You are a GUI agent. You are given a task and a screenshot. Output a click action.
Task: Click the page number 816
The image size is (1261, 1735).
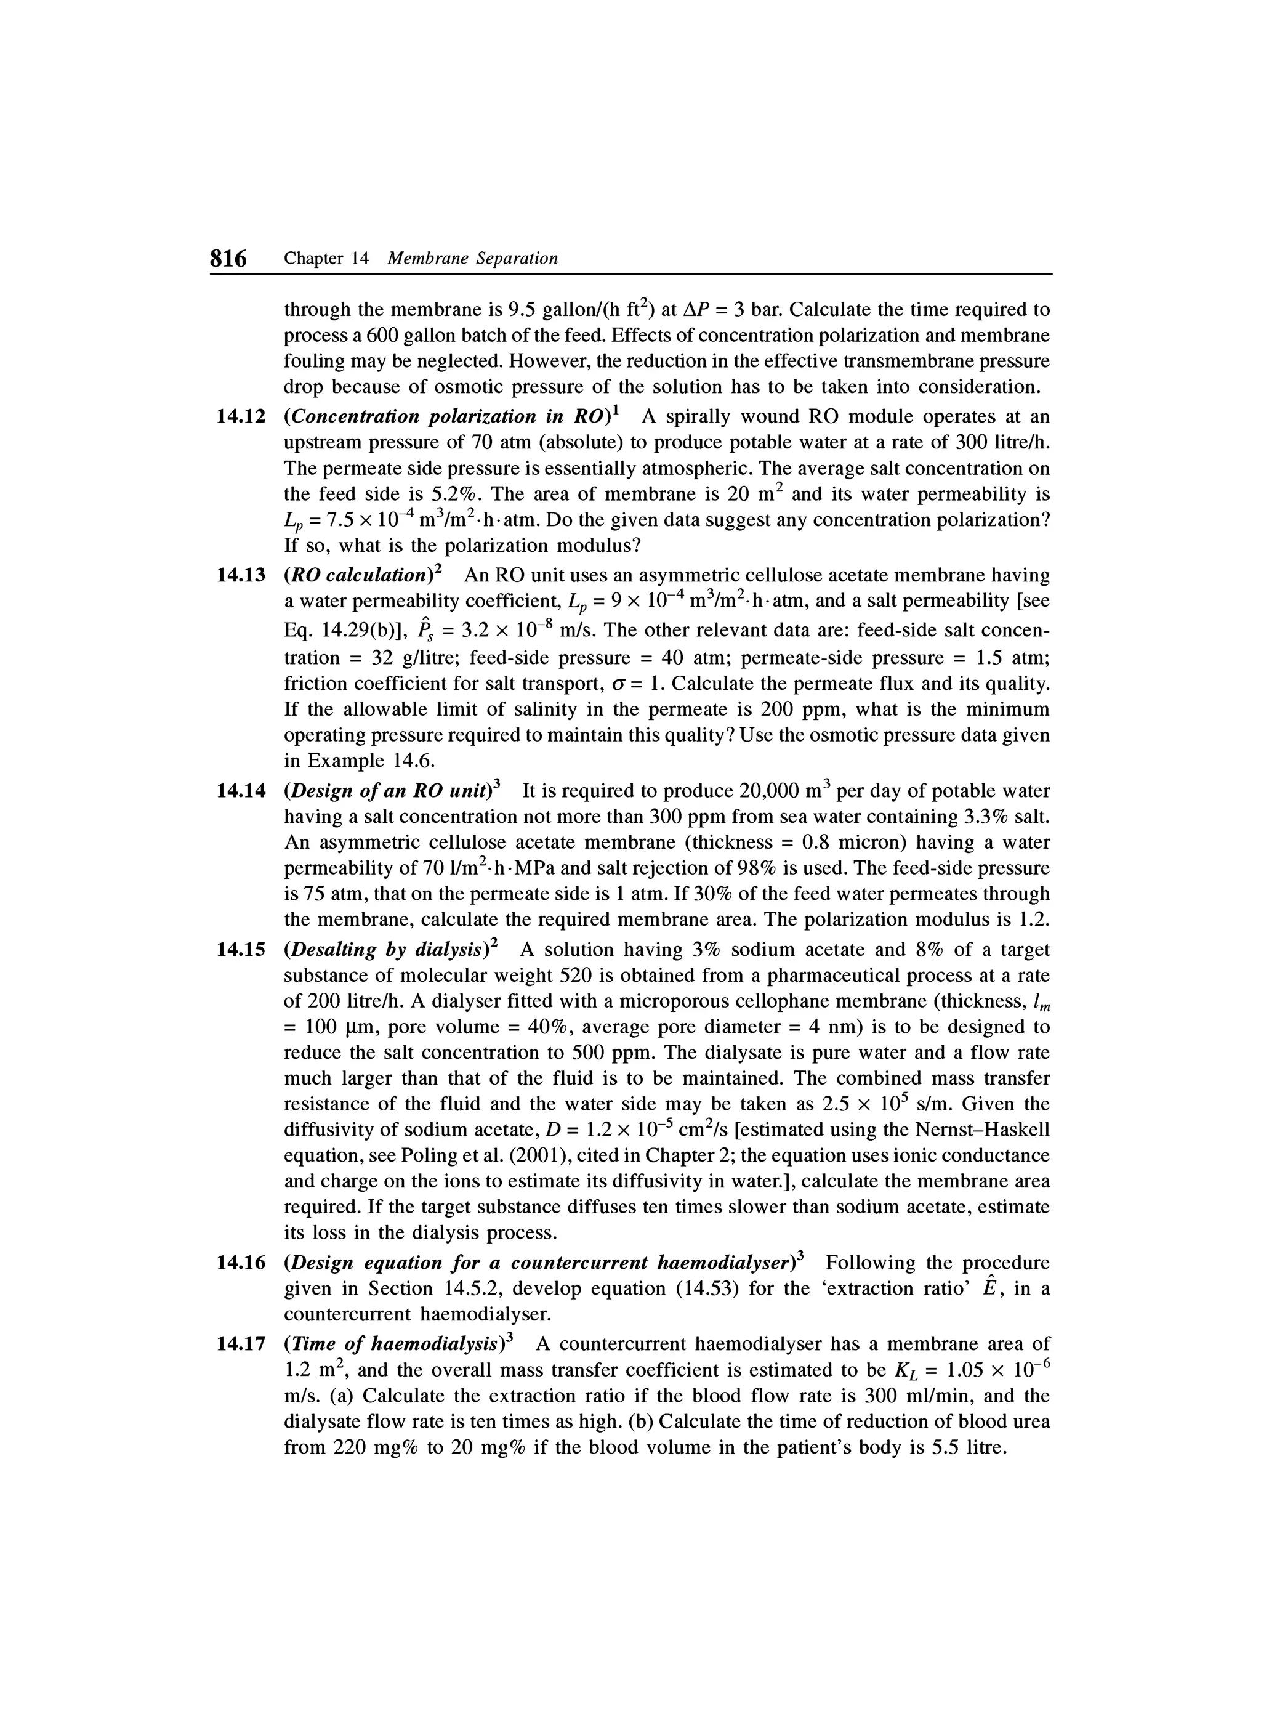point(228,259)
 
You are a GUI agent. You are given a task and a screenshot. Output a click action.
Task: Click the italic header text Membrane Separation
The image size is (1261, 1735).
point(473,259)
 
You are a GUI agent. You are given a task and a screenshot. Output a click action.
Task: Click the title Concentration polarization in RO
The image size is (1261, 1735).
point(448,417)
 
